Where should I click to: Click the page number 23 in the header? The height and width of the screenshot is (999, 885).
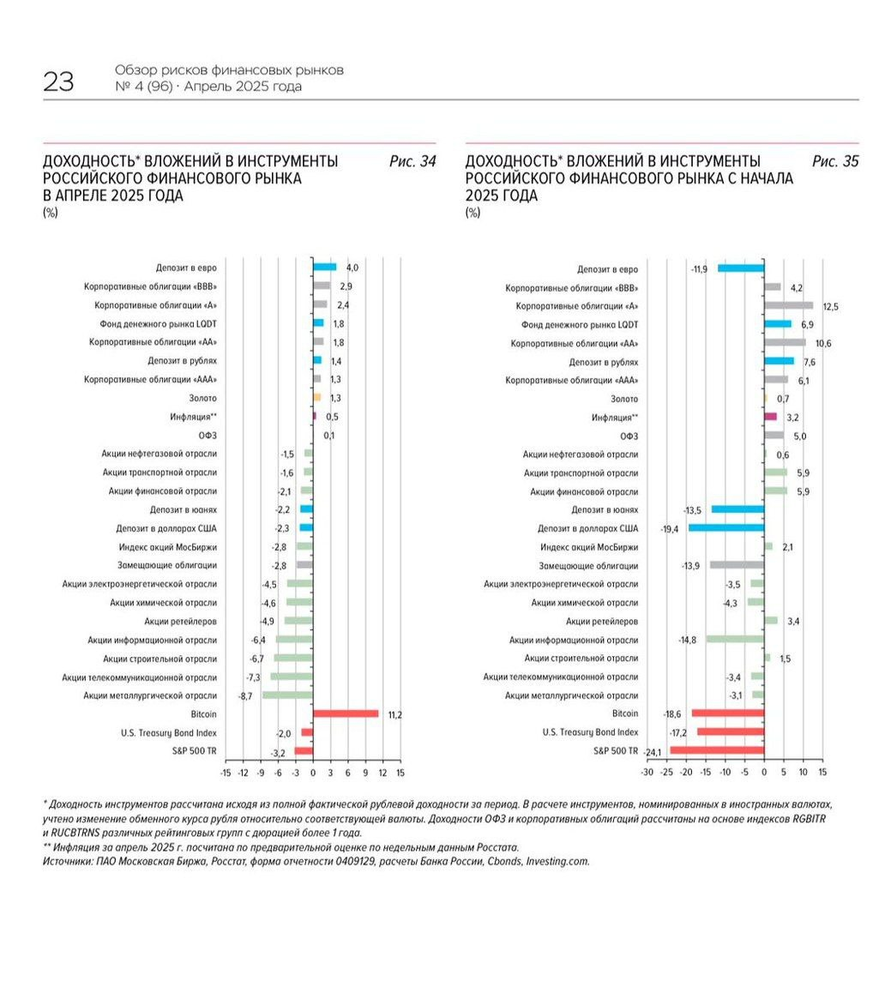[58, 82]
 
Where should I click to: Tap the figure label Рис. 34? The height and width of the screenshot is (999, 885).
[412, 161]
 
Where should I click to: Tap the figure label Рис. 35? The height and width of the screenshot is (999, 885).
[835, 161]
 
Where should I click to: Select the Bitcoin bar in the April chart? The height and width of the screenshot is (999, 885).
[346, 713]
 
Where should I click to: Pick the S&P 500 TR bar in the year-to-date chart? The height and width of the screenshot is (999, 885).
[717, 750]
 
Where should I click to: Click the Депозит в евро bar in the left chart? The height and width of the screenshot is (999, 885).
[324, 268]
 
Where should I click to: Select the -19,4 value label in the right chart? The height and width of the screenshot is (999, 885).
[671, 528]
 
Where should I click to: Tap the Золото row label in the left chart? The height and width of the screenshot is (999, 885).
[202, 398]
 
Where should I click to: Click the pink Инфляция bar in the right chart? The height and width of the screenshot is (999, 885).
[770, 417]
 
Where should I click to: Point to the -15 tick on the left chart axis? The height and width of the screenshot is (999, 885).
[226, 773]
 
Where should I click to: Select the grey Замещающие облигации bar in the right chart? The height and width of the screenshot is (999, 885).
[737, 565]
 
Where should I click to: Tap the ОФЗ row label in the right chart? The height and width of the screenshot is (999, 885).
[629, 436]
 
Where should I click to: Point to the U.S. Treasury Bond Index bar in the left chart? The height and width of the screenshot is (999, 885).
[307, 732]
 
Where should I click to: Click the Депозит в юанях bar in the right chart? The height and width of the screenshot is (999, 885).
[737, 509]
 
